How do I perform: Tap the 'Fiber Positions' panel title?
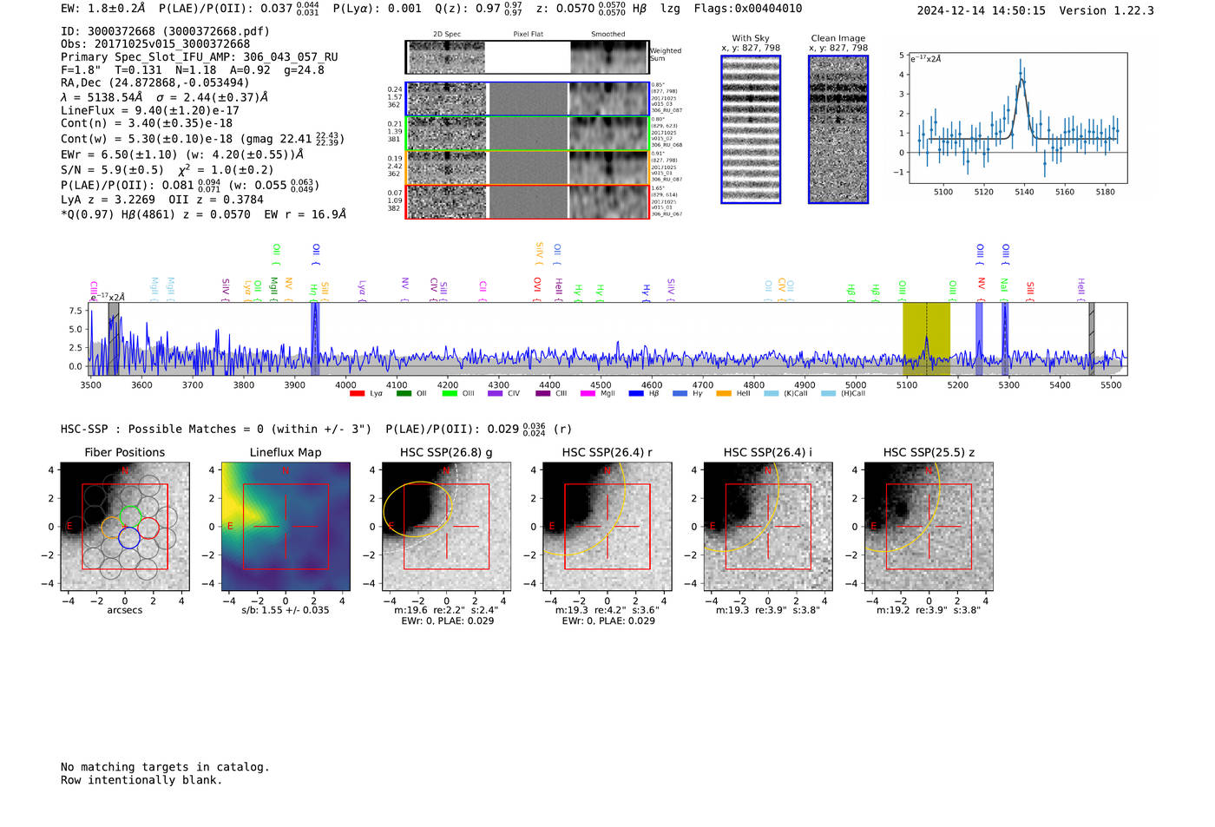[124, 452]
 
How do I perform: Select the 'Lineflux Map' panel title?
[286, 452]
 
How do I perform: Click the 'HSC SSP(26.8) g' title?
[446, 452]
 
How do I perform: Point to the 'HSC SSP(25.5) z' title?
[929, 452]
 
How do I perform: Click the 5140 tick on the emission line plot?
[1024, 192]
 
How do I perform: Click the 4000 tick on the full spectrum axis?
[345, 384]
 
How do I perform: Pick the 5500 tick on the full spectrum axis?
[1111, 384]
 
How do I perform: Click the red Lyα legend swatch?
[357, 394]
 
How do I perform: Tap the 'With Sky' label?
[751, 38]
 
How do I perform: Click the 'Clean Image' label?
[837, 38]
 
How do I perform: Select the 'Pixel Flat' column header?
[528, 35]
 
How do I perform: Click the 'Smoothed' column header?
[607, 35]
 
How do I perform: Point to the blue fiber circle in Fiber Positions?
[128, 538]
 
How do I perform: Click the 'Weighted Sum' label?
[665, 55]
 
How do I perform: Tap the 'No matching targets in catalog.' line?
[165, 767]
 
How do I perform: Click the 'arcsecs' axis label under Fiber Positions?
[124, 610]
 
